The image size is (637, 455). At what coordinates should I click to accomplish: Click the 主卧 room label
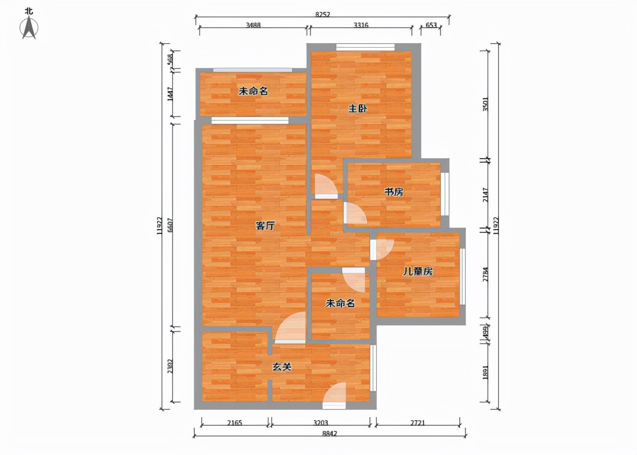pos(358,109)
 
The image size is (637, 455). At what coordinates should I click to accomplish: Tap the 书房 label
pos(394,192)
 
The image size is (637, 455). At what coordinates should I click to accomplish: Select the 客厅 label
pos(265,226)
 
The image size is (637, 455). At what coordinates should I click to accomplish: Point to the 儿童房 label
pos(417,272)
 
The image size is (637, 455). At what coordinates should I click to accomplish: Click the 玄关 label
pos(281,367)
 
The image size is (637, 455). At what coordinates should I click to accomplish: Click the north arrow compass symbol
pos(29,27)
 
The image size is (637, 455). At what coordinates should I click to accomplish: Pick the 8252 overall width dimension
pos(322,14)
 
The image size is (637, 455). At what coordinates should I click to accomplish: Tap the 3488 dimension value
pos(253,25)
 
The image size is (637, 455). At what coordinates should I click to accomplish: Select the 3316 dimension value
pos(361,25)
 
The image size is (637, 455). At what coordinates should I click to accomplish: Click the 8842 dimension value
pos(329,434)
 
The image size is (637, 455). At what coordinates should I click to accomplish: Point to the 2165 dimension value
pos(234,423)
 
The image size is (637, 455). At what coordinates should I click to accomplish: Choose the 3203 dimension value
pos(321,423)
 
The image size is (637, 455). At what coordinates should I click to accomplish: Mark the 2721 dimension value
pos(417,423)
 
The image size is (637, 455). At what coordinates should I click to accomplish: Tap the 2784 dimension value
pos(486,275)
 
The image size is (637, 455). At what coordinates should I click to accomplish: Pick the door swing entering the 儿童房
pos(384,249)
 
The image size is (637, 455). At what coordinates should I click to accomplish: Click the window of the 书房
pos(445,192)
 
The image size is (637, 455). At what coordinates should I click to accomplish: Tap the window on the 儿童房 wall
pos(463,276)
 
